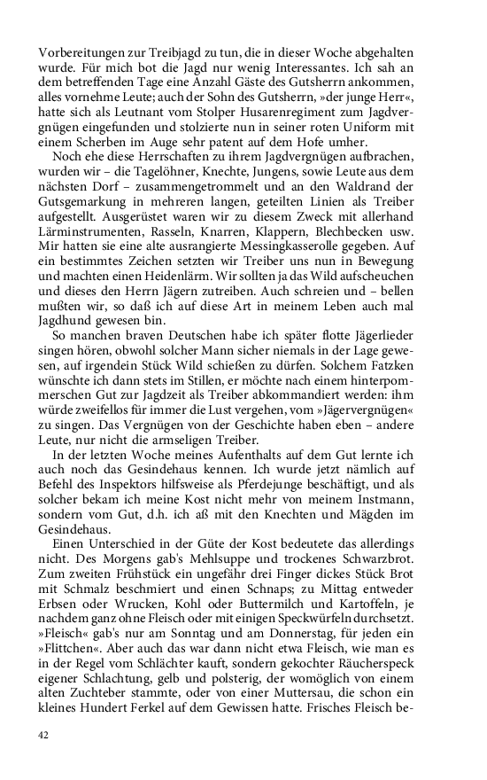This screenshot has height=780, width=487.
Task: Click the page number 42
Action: point(43,735)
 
